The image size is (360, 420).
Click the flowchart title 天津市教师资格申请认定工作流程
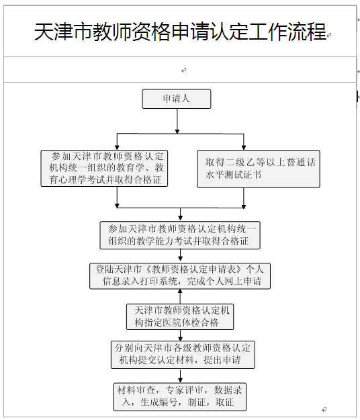180,32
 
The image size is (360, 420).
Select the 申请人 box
177,99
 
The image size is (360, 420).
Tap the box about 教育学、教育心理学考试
104,168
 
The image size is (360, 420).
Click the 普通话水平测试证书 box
259,169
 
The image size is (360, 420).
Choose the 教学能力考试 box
180,235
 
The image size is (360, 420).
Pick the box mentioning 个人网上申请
180,276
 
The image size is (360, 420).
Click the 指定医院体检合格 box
180,317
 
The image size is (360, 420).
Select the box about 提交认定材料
183,355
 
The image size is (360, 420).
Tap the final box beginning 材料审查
179,396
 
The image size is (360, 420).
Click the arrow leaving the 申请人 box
177,121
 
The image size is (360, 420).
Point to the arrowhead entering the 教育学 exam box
117,148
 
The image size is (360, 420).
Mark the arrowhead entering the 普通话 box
244,148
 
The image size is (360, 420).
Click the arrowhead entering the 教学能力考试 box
181,218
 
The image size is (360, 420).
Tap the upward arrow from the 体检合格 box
180,296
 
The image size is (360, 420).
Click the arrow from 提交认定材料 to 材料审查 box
181,376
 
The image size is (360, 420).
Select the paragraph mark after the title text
329,35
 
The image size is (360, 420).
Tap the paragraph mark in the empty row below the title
183,71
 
